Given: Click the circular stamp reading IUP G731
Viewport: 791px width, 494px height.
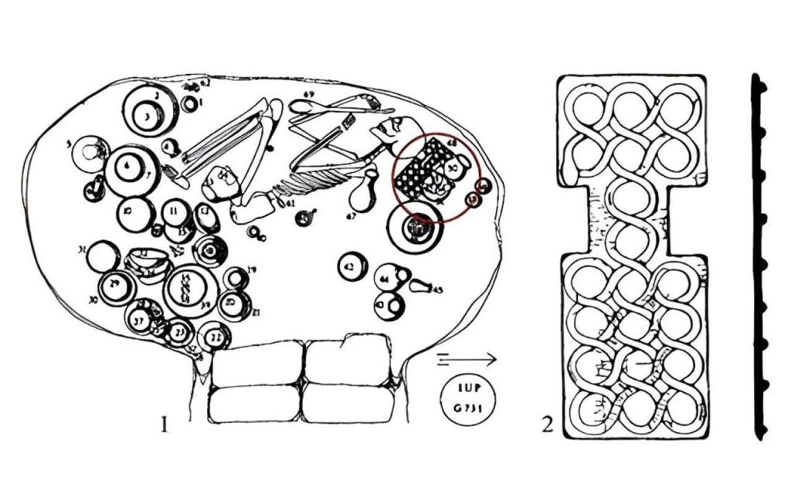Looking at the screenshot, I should pos(465,398).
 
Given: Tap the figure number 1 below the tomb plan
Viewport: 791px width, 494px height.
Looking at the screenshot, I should pos(163,424).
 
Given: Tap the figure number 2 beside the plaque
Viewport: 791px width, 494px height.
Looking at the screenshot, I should pos(548,424).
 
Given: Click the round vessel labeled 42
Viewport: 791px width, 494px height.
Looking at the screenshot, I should pos(352,266).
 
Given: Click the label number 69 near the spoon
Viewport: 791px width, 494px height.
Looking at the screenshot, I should pos(309,95).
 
